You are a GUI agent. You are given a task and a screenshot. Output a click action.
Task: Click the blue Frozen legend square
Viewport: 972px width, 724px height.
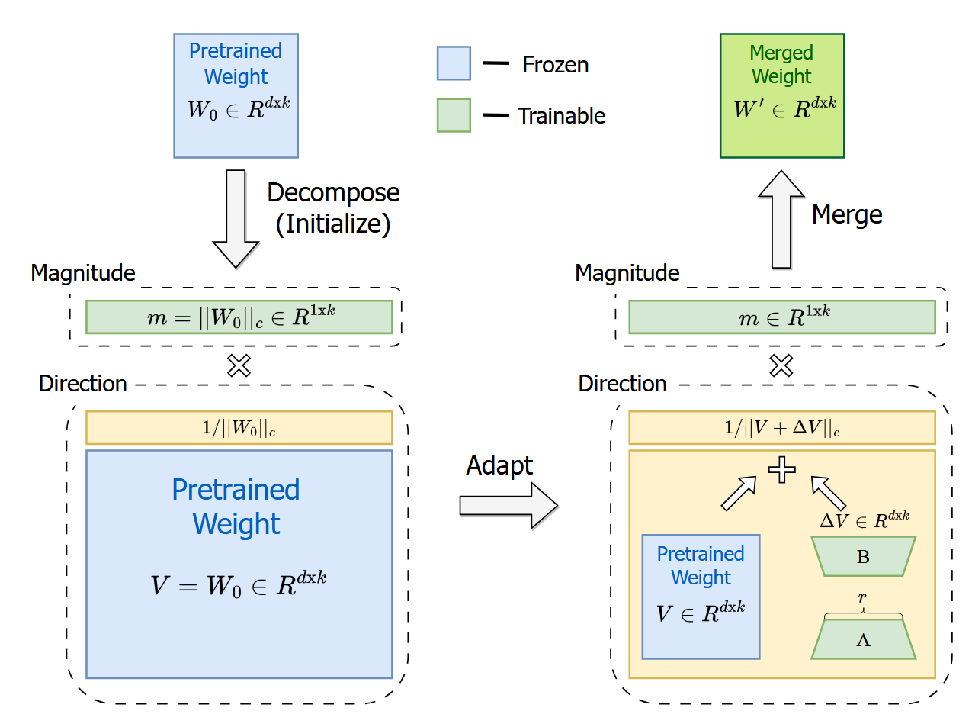click(x=454, y=63)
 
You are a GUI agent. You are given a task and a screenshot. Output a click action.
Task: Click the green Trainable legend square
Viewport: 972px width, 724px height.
click(x=454, y=115)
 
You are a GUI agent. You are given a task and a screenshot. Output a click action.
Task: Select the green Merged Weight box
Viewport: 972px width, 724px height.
click(x=781, y=95)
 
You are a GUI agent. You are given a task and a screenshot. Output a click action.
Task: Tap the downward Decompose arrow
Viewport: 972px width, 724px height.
click(x=235, y=217)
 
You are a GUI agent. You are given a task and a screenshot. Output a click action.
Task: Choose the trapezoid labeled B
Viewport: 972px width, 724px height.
click(x=863, y=556)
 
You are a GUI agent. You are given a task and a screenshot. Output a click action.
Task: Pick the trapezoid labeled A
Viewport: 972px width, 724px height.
click(x=863, y=639)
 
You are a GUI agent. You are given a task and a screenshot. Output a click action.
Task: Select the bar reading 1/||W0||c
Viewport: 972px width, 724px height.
click(x=239, y=428)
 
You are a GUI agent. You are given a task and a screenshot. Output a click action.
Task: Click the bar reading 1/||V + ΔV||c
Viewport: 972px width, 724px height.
click(x=781, y=428)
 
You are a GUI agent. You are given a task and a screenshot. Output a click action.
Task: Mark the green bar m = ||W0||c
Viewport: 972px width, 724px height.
click(x=239, y=317)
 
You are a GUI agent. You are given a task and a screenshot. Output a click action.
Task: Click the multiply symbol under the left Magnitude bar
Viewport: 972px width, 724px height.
click(x=239, y=366)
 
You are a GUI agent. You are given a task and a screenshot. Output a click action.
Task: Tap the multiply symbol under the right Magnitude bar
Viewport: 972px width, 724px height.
click(x=781, y=366)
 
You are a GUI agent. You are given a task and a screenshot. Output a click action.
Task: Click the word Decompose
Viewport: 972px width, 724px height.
click(x=333, y=192)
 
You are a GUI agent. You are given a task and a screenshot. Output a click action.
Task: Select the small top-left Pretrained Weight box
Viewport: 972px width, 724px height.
click(x=236, y=95)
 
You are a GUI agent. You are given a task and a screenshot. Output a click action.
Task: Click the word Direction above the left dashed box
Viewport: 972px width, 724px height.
click(x=82, y=383)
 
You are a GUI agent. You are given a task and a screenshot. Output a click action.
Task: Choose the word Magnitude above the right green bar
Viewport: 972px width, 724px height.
click(x=627, y=272)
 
